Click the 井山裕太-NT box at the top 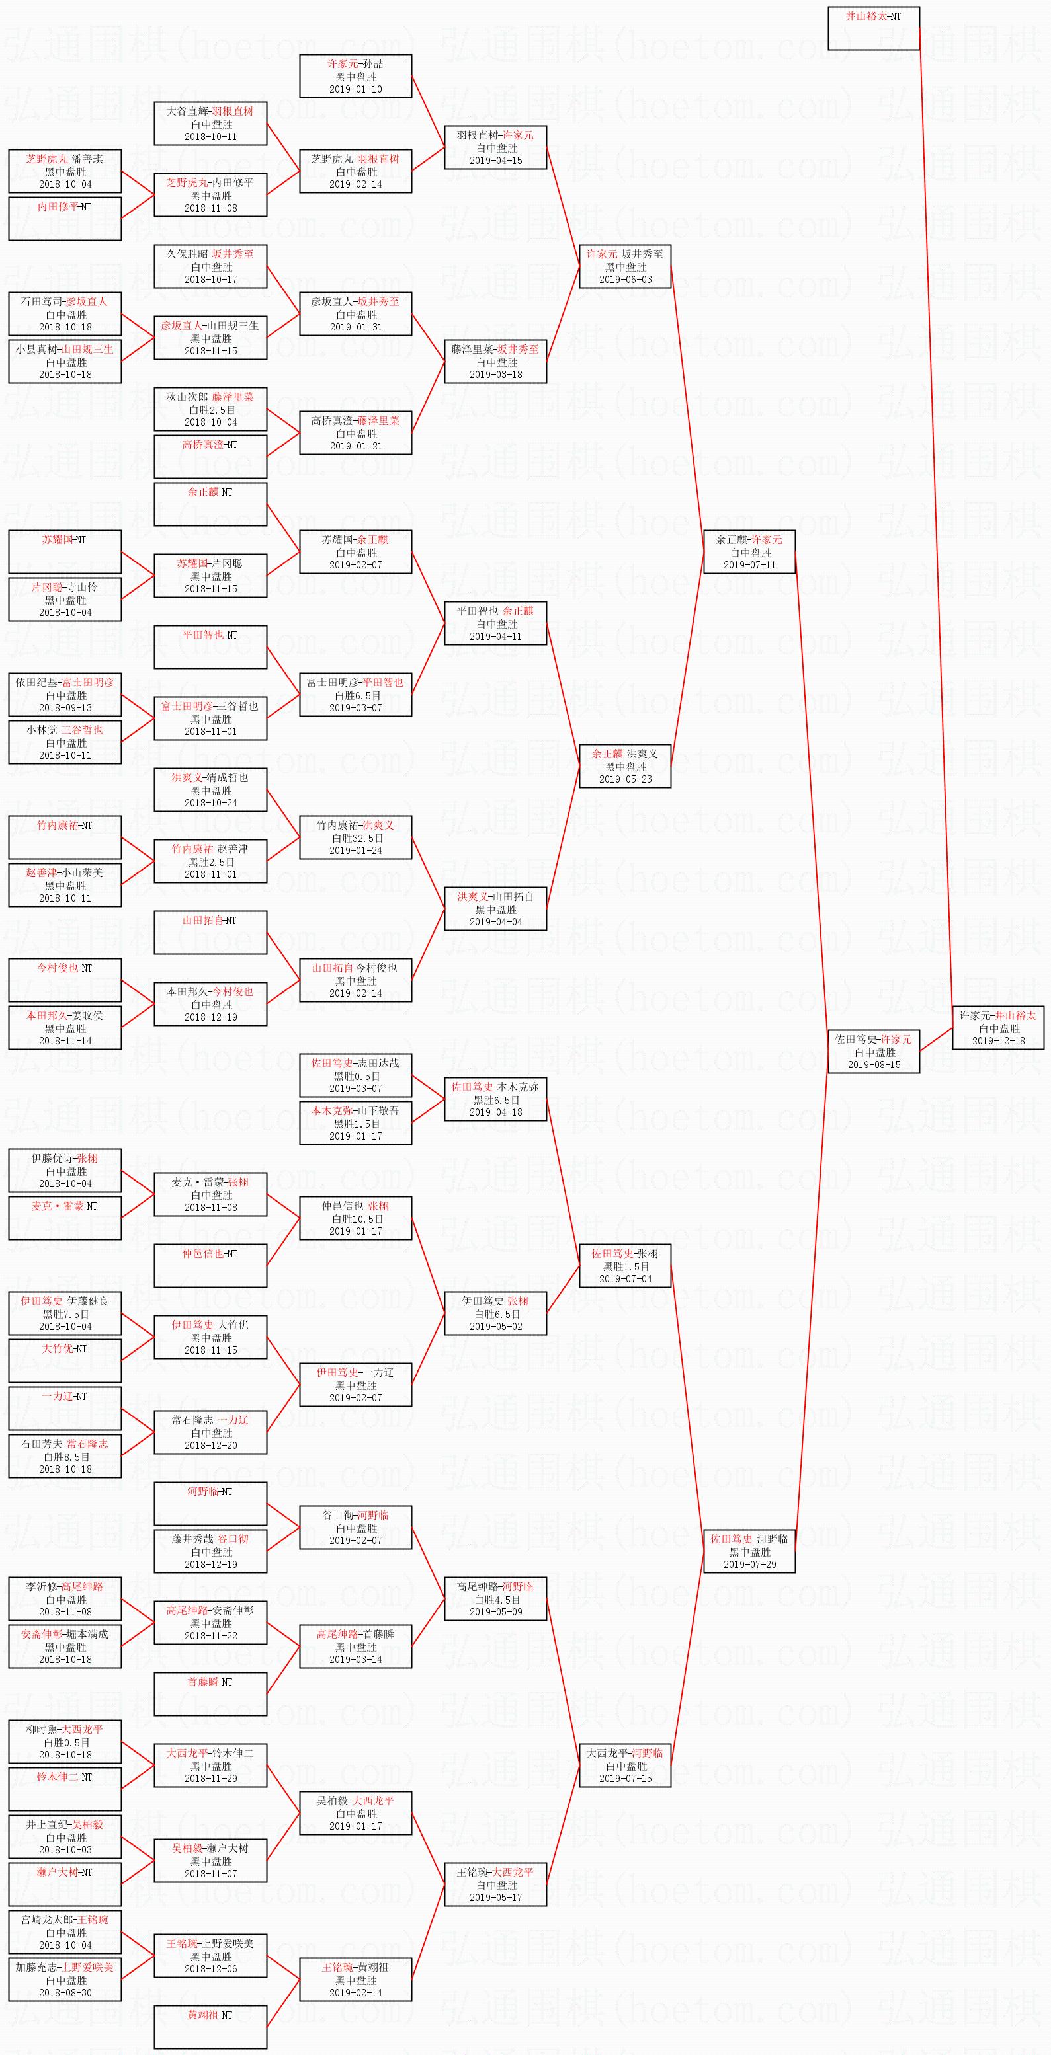pos(873,28)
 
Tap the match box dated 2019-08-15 pos(873,1052)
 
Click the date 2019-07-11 pos(749,564)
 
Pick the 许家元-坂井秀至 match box pos(624,266)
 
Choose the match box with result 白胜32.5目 pos(356,837)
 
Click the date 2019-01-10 pos(356,89)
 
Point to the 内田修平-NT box pos(65,217)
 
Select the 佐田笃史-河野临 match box pos(749,1551)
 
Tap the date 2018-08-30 pos(65,1992)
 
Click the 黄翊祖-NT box pos(210,2027)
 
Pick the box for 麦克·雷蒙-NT pos(65,1218)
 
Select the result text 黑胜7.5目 pos(65,1314)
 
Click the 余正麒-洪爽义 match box pos(624,766)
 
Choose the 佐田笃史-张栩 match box pos(624,1266)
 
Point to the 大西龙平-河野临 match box pos(624,1765)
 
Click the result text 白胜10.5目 pos(356,1219)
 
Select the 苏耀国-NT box pos(65,551)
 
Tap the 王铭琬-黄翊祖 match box pos(356,1979)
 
